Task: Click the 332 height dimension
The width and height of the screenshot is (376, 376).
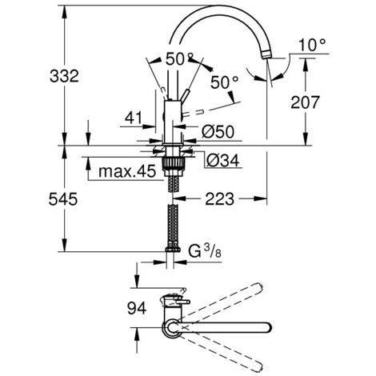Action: [41, 76]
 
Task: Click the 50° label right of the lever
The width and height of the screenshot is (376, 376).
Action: [226, 82]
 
